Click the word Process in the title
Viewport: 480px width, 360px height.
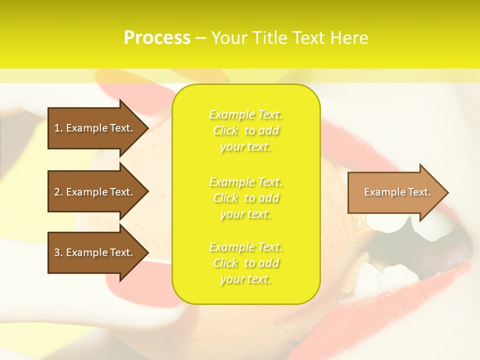(157, 38)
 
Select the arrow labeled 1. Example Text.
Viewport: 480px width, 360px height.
(95, 128)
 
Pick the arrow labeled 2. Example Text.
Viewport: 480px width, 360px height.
(95, 192)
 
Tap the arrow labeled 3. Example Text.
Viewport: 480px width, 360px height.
(95, 252)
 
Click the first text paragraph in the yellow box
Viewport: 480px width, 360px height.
(246, 130)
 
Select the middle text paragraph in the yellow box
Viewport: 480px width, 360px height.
(246, 198)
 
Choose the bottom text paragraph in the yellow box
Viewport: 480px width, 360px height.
(246, 263)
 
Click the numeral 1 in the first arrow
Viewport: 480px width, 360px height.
(57, 128)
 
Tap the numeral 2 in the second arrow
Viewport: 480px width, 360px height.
(57, 192)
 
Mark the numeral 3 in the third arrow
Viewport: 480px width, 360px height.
(57, 252)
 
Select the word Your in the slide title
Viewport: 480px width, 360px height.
(229, 38)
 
